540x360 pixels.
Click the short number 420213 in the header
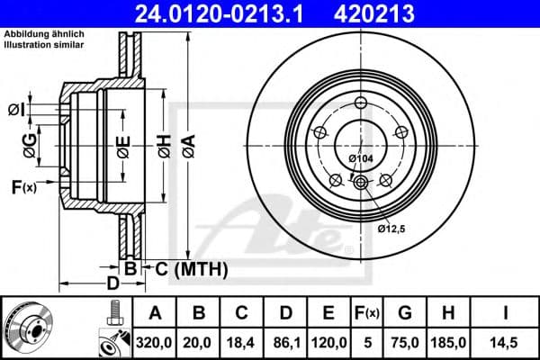pyautogui.click(x=390, y=13)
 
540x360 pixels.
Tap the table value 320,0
pyautogui.click(x=154, y=341)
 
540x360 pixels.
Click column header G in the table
pyautogui.click(x=406, y=313)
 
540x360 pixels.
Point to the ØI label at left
pyautogui.click(x=15, y=110)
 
